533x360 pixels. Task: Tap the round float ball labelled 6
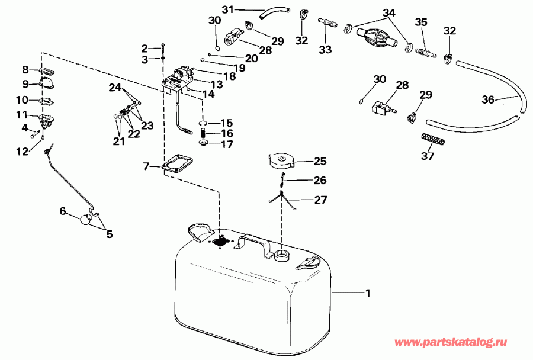click(86, 220)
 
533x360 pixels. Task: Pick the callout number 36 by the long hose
click(487, 100)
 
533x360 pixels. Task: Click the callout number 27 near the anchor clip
click(320, 200)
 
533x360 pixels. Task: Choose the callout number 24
click(114, 88)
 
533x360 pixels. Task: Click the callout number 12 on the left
click(22, 152)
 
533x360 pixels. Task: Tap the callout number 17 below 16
click(227, 144)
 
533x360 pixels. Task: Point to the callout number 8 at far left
click(25, 69)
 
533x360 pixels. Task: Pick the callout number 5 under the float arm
click(109, 234)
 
